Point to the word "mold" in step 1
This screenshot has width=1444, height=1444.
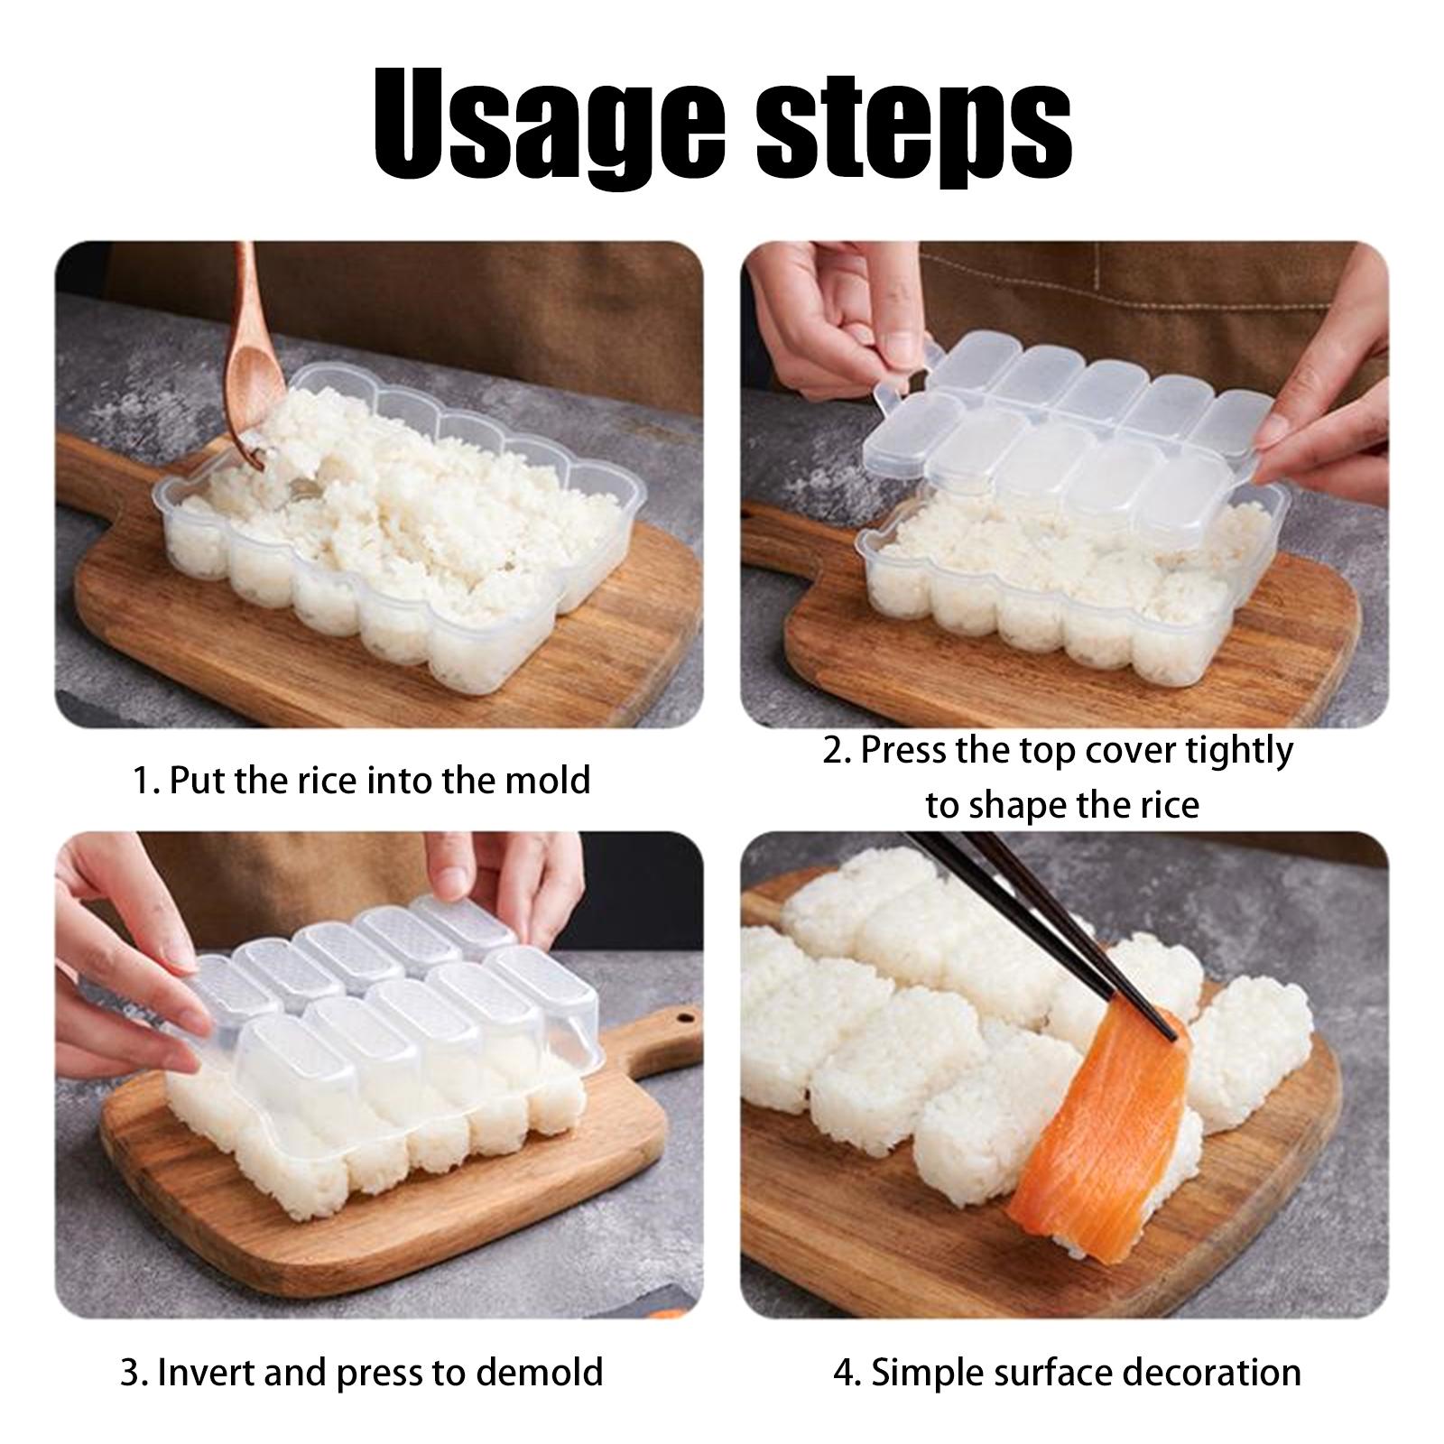(x=547, y=780)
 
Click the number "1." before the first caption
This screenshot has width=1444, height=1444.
(x=146, y=781)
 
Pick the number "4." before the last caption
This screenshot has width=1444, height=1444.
(x=847, y=1373)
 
